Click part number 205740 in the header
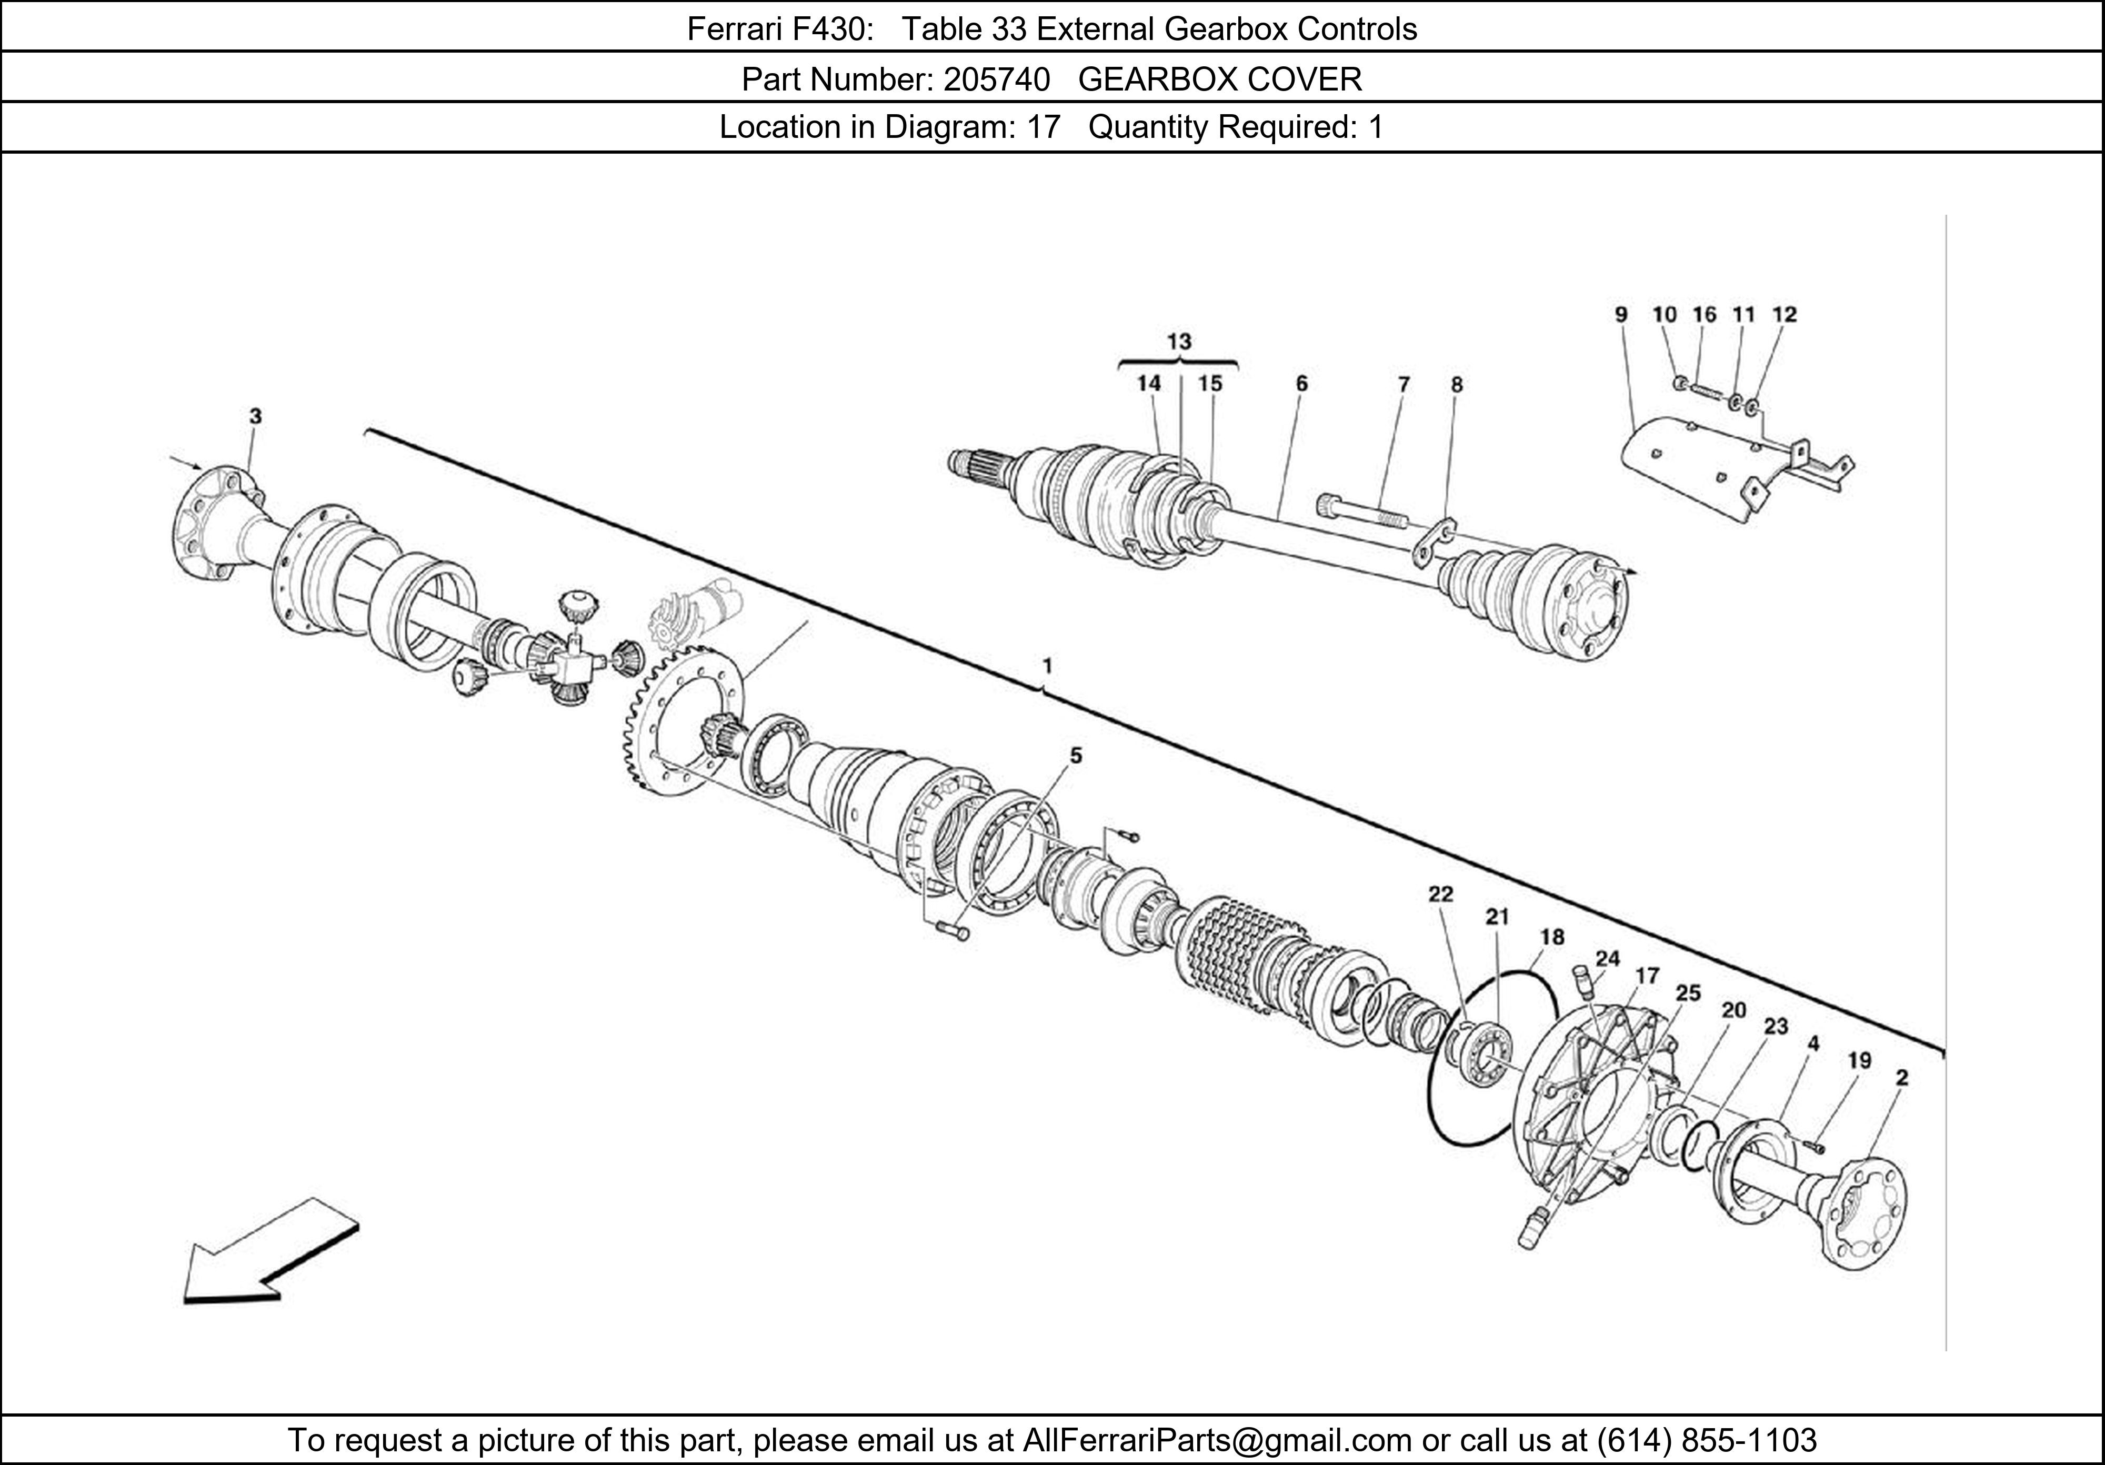(997, 80)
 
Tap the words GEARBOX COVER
(1220, 80)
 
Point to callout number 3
(256, 416)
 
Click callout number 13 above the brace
(1179, 342)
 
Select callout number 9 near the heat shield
(1621, 315)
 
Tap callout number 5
(1076, 756)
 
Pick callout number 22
(1440, 894)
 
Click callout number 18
(1552, 937)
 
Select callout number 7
(1404, 385)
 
